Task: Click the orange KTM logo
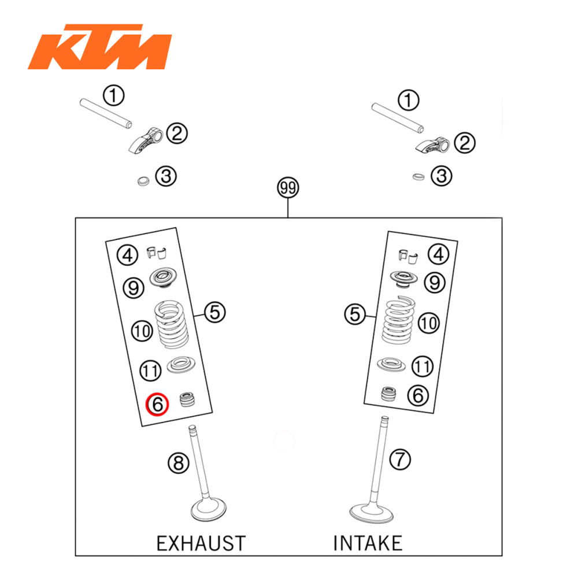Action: click(x=99, y=47)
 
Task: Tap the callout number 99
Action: click(x=288, y=188)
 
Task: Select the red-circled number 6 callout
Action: click(x=157, y=405)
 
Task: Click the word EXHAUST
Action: click(x=201, y=543)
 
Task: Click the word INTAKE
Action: click(x=368, y=543)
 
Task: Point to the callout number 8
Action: click(x=178, y=462)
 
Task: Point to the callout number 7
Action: click(x=399, y=460)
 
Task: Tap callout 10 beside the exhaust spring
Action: click(x=142, y=331)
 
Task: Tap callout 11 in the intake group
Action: click(x=423, y=366)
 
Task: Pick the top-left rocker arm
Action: click(x=144, y=140)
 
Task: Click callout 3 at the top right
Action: click(x=442, y=176)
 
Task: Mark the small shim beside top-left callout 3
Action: click(x=140, y=181)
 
